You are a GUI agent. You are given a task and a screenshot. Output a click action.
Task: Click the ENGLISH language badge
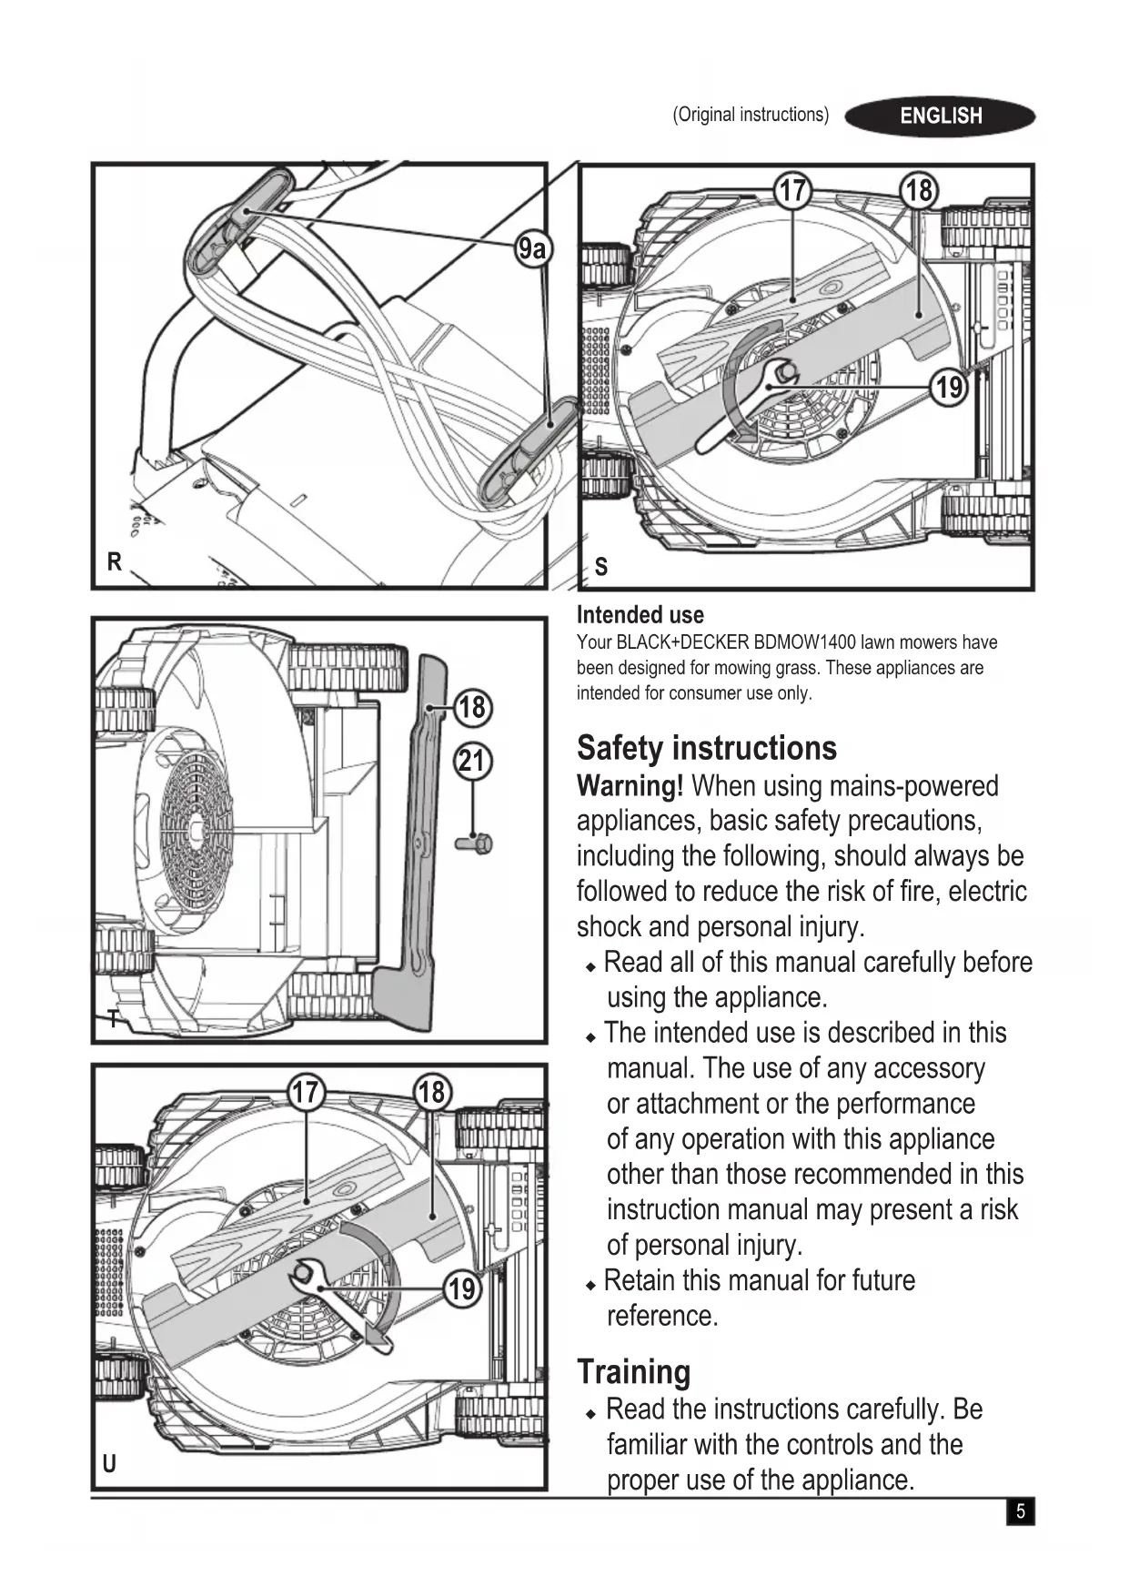click(940, 116)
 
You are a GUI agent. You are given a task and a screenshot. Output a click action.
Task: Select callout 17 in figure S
click(792, 190)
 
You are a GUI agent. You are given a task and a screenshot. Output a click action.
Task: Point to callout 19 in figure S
click(949, 388)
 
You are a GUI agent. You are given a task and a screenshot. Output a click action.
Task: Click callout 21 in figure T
click(472, 761)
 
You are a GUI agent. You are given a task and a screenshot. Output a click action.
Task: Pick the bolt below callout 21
click(475, 843)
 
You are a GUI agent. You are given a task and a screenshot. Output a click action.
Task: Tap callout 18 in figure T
click(472, 707)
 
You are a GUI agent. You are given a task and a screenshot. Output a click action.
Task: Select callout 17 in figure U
click(306, 1092)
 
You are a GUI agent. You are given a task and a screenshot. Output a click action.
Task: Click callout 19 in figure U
click(462, 1288)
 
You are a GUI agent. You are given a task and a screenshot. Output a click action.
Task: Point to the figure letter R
click(114, 562)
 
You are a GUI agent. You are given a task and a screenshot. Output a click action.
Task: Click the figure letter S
click(600, 568)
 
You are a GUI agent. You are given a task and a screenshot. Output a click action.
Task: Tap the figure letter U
click(109, 1464)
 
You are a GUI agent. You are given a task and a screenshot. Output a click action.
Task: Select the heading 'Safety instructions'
click(706, 748)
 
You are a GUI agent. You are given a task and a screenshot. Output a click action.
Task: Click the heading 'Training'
click(633, 1371)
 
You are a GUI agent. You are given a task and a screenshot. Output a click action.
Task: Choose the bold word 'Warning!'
click(630, 786)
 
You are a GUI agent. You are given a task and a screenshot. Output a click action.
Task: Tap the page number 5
click(1020, 1511)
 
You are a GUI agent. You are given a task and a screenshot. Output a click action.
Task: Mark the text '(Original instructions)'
click(751, 115)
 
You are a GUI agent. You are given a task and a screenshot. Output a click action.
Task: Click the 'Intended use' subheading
click(640, 615)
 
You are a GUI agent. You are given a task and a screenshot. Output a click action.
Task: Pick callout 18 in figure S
click(919, 190)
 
